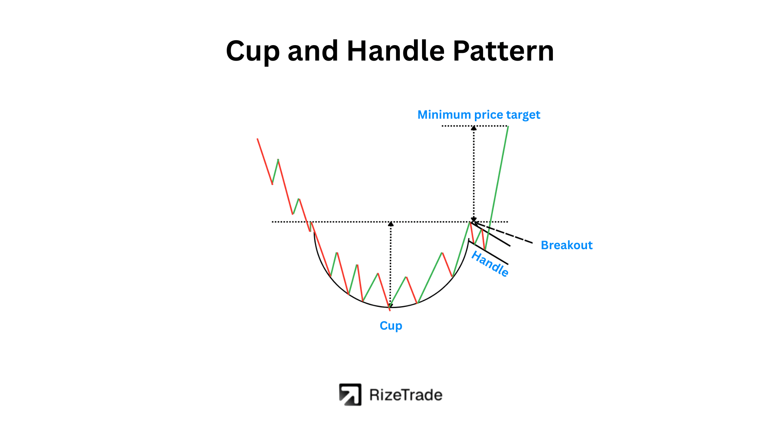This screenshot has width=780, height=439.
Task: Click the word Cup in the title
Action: (253, 52)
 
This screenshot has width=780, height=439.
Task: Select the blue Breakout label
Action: (567, 245)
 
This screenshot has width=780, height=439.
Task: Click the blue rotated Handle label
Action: (490, 264)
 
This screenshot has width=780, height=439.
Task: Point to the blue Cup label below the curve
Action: (391, 326)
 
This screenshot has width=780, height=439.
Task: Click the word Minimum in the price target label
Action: (444, 115)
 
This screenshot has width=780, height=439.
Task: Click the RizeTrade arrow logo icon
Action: (350, 395)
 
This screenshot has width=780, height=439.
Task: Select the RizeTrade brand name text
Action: (406, 395)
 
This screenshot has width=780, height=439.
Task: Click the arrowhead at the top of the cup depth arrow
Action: (391, 224)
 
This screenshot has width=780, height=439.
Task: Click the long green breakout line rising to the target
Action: (496, 188)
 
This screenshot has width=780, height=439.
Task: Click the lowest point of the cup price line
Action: (390, 311)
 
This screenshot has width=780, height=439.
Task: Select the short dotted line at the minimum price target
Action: (474, 126)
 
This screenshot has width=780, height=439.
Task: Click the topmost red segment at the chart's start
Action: (264, 161)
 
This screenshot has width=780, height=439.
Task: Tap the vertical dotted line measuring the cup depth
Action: (391, 265)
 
